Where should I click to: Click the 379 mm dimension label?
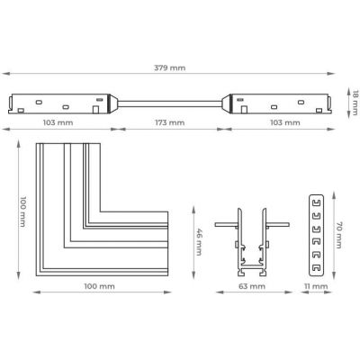tap(170, 67)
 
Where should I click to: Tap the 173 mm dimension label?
tap(170, 122)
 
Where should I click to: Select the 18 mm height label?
tap(355, 103)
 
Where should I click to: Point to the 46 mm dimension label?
tap(199, 242)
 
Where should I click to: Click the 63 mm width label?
tap(252, 286)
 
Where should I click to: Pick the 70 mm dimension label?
tap(338, 235)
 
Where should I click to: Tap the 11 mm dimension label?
tap(316, 286)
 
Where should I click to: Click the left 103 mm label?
tap(58, 122)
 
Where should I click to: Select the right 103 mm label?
tap(285, 122)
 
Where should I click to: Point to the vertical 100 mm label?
tap(22, 211)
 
